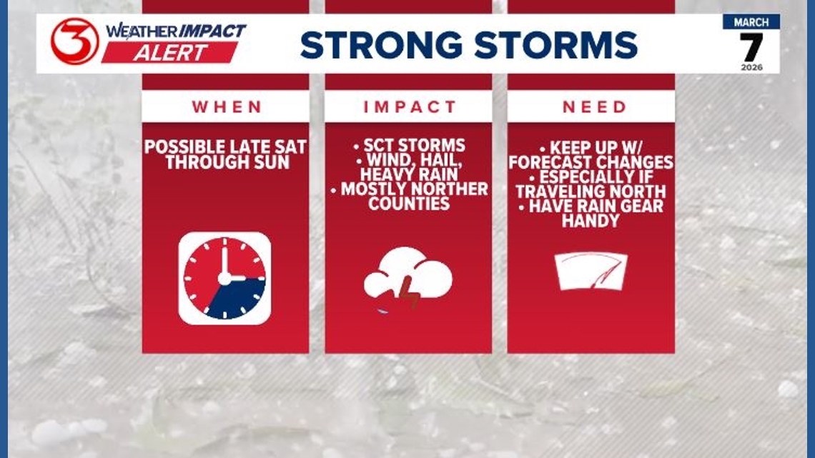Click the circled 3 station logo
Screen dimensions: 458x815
(x=74, y=41)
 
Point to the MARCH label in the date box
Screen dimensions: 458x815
(x=751, y=21)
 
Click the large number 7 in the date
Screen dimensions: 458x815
(x=751, y=47)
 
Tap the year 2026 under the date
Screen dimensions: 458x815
(x=751, y=67)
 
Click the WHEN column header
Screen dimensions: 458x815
(x=226, y=107)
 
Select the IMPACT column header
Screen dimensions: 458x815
(x=409, y=107)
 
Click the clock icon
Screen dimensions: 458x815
(x=224, y=279)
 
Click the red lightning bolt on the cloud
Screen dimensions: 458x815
(x=408, y=292)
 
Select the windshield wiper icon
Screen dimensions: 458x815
(x=591, y=272)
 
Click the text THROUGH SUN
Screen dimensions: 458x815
(x=226, y=162)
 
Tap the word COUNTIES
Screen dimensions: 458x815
(x=409, y=204)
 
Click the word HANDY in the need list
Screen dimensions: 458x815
(x=591, y=221)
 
